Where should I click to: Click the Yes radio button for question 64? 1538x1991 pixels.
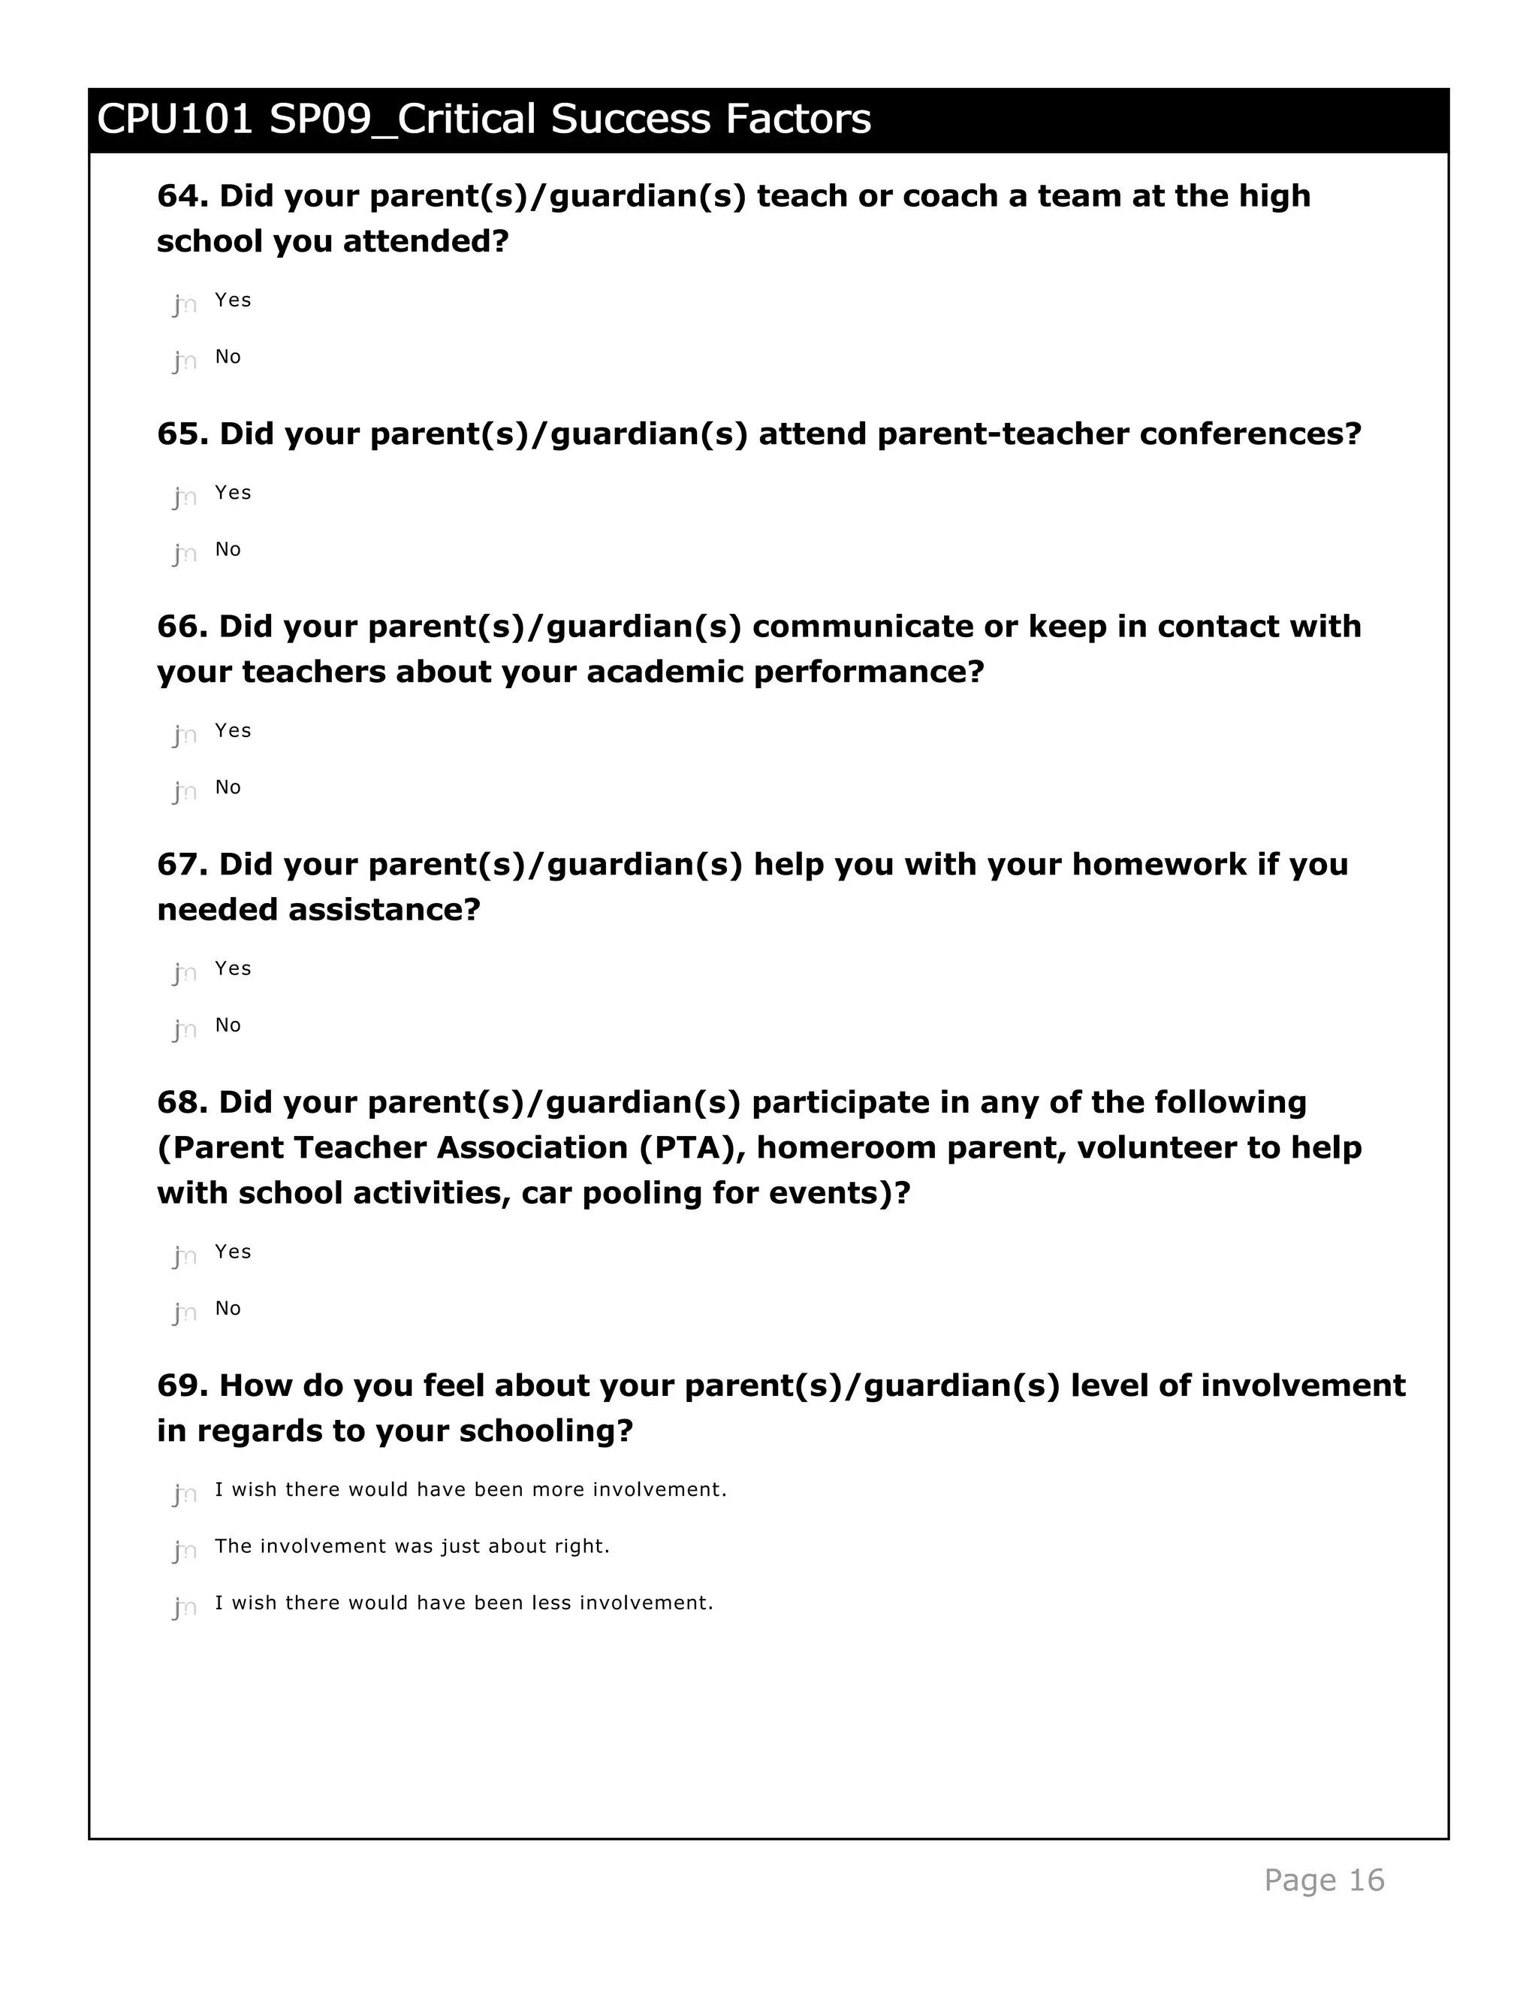point(185,304)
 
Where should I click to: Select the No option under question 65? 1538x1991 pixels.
point(185,552)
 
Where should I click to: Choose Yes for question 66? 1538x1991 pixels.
point(185,734)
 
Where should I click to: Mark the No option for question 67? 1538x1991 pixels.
point(185,1029)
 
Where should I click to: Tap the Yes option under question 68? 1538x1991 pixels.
point(185,1255)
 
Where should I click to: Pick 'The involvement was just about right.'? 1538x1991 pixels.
point(185,1550)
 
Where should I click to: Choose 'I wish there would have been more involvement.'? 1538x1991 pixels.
point(185,1494)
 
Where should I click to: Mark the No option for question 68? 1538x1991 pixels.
point(185,1312)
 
